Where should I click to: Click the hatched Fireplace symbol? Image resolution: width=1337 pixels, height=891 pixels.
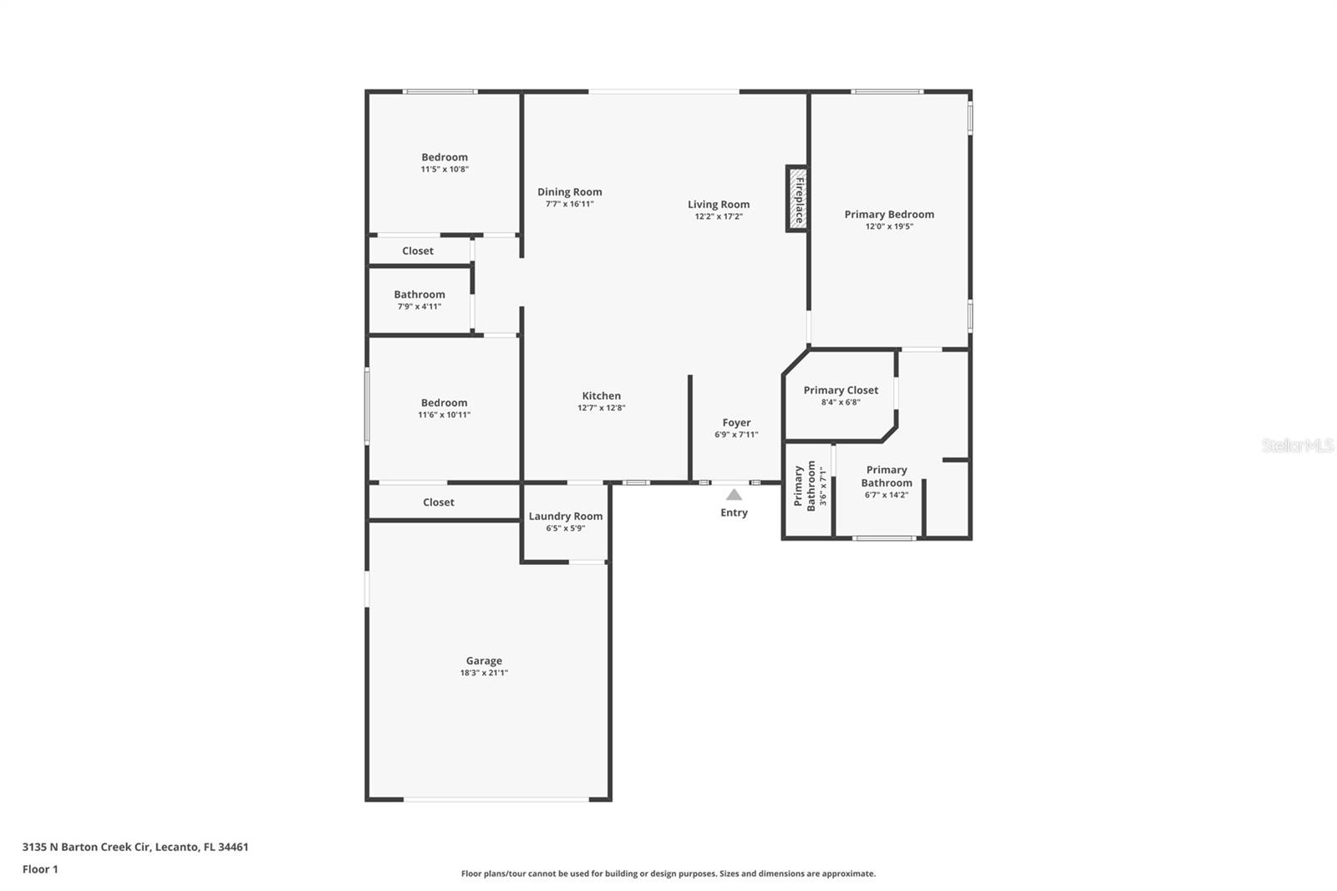(x=796, y=198)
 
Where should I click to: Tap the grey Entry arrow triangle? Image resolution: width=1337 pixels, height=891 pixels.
(x=734, y=495)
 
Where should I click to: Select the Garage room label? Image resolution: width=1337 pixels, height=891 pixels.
(x=484, y=660)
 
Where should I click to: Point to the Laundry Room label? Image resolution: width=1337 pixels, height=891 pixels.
(x=565, y=516)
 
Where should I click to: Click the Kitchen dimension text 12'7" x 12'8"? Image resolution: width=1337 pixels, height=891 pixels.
(x=601, y=408)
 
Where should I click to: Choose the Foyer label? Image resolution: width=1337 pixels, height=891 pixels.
(x=736, y=423)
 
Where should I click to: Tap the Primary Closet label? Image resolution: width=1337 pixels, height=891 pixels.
(x=841, y=390)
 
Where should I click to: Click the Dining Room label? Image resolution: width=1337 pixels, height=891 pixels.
(x=569, y=192)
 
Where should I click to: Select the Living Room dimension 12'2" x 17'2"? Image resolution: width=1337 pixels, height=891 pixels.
(x=718, y=216)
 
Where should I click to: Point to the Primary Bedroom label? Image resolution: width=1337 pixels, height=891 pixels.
(x=889, y=215)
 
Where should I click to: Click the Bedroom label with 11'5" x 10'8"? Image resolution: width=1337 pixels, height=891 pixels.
(x=445, y=157)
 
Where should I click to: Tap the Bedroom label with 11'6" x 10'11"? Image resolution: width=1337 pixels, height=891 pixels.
(x=444, y=403)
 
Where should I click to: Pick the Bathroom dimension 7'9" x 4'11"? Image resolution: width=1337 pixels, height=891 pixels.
(x=419, y=307)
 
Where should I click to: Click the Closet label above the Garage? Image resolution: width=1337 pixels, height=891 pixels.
(x=438, y=502)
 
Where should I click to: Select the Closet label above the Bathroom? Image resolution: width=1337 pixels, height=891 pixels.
(x=418, y=251)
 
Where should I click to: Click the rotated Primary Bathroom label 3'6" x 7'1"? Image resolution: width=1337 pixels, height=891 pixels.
(x=811, y=486)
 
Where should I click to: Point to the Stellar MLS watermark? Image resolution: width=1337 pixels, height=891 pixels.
(x=1297, y=445)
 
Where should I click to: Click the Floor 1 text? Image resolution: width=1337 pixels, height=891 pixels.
(x=40, y=869)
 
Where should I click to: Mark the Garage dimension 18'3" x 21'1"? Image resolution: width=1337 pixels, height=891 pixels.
(x=484, y=673)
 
